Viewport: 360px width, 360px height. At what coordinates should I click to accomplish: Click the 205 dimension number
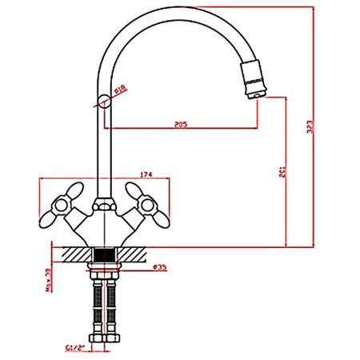click(180, 124)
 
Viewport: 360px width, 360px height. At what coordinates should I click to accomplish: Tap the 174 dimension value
click(146, 174)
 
